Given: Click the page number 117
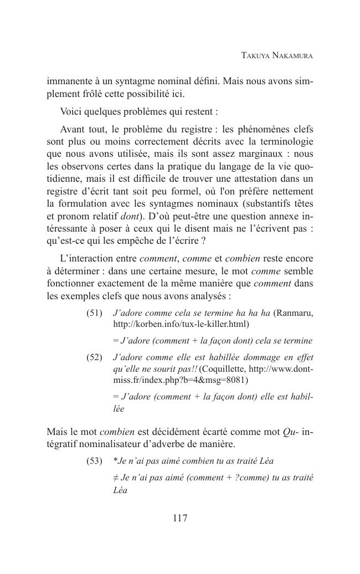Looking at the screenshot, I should click(180, 519).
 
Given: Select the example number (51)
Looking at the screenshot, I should click(95, 313).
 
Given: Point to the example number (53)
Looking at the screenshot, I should click(95, 461).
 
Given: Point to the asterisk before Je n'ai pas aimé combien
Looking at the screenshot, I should click(115, 460).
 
